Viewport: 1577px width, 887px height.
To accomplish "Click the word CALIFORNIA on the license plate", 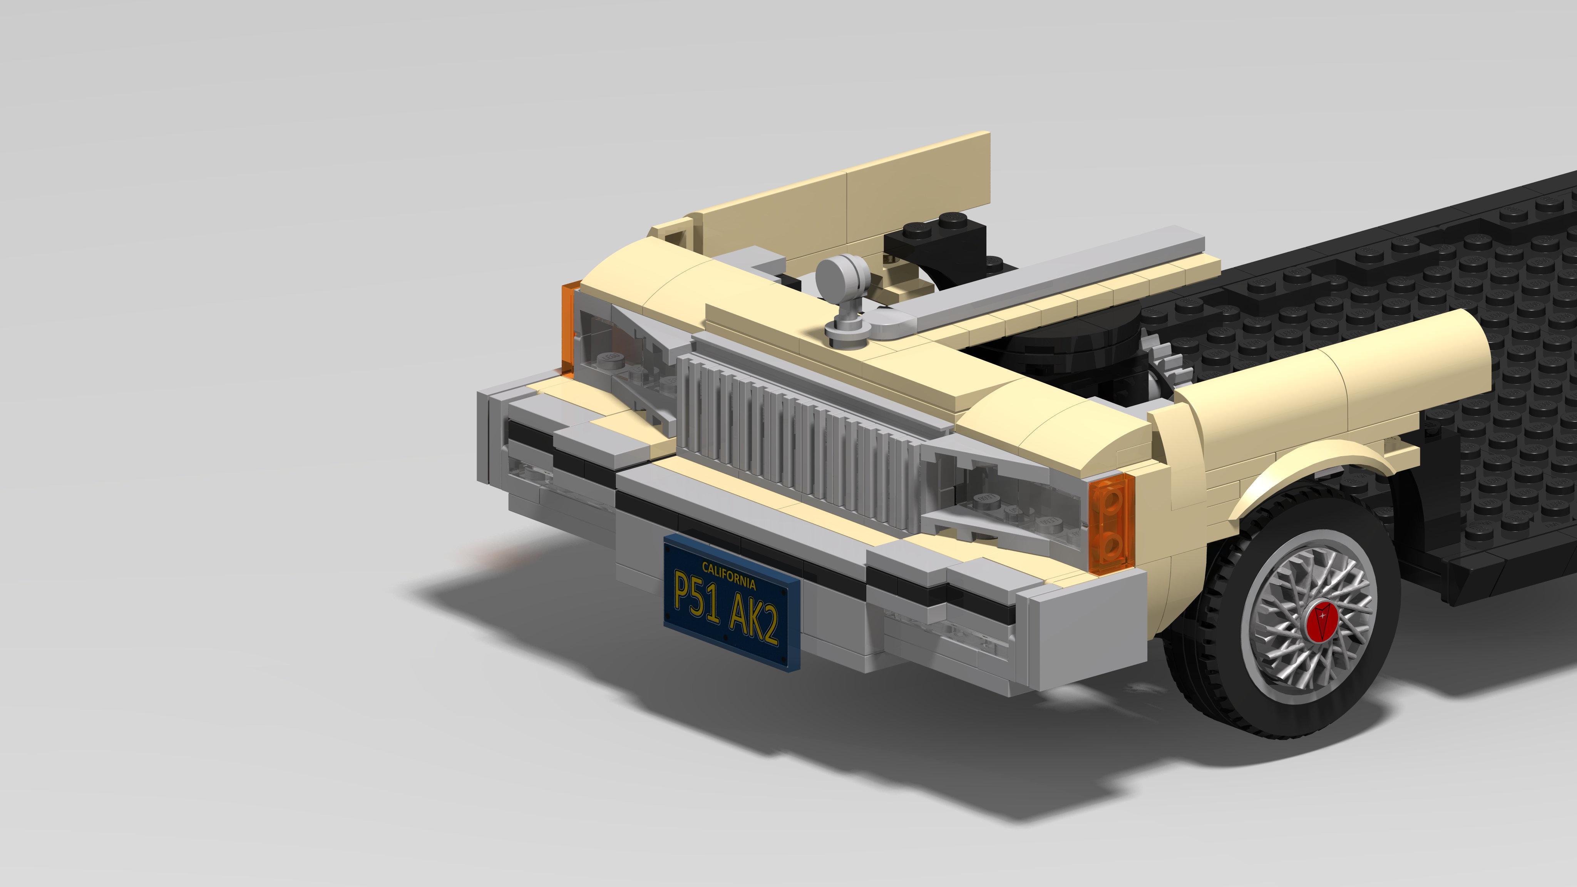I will click(728, 576).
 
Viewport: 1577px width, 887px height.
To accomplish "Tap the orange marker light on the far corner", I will click(568, 328).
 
